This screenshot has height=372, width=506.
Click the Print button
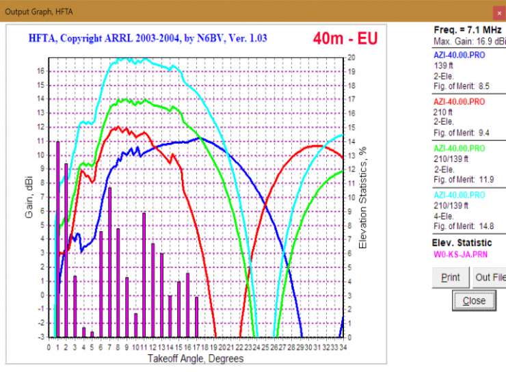click(x=450, y=278)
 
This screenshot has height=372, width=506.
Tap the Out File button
click(x=490, y=278)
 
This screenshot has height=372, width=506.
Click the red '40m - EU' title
click(x=345, y=38)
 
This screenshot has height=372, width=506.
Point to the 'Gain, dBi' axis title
click(x=29, y=198)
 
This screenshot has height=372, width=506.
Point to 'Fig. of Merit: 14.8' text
click(x=464, y=226)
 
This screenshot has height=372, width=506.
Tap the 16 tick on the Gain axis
click(x=41, y=71)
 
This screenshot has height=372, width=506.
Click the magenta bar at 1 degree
click(x=57, y=239)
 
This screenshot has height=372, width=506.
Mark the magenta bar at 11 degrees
click(x=144, y=274)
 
